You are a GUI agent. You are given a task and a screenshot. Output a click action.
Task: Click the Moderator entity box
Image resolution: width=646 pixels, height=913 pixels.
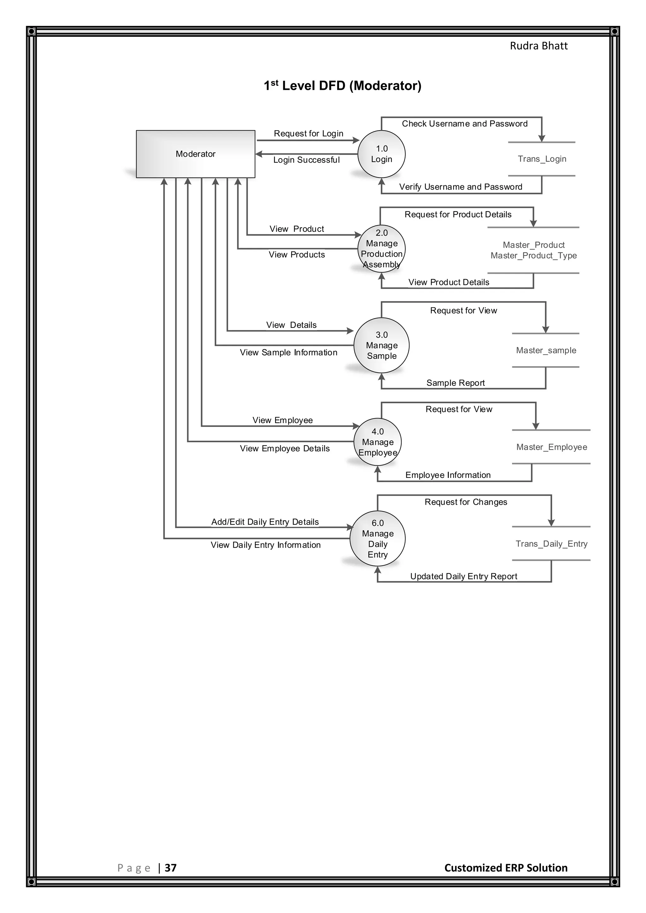[x=195, y=154]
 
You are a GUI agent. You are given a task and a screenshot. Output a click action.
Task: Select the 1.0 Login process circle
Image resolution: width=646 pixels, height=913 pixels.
[x=381, y=154]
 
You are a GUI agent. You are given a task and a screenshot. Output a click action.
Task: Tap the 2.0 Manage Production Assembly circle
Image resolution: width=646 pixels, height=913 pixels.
[x=381, y=248]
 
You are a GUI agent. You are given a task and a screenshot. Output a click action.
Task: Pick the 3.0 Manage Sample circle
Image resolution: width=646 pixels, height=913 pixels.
[x=381, y=345]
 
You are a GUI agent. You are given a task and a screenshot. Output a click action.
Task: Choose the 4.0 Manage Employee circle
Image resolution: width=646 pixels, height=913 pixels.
[x=378, y=442]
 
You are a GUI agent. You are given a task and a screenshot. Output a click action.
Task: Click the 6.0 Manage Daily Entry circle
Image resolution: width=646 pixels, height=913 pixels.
[x=378, y=538]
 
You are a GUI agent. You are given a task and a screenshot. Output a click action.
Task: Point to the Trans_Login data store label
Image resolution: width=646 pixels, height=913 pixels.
[x=542, y=159]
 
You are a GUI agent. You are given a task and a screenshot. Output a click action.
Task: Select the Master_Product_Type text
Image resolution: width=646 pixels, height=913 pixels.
[x=533, y=256]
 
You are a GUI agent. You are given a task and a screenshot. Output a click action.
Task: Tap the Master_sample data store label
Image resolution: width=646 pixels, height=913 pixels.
[x=546, y=350]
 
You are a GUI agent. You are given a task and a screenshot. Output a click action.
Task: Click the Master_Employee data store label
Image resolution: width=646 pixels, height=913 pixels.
[x=551, y=447]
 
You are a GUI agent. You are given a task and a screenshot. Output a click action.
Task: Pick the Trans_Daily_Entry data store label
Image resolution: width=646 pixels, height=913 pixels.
[x=551, y=544]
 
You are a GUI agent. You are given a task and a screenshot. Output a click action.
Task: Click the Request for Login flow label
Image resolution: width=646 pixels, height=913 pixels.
[x=308, y=134]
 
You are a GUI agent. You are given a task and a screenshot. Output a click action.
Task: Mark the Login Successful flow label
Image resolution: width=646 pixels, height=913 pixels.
[x=306, y=160]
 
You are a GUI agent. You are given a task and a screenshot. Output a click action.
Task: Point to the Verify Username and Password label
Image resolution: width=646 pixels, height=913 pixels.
[x=461, y=187]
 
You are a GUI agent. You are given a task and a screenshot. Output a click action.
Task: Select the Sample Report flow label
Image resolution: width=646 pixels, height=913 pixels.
[x=455, y=383]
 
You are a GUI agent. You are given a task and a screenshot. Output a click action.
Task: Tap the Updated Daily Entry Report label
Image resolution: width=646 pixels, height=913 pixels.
[x=463, y=576]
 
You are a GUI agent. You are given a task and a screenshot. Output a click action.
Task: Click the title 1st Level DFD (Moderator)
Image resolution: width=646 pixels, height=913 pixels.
[x=343, y=85]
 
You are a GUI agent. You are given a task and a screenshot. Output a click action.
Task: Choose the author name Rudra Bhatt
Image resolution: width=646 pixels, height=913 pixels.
[x=539, y=46]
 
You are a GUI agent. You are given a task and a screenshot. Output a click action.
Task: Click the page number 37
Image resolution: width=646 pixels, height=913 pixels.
[x=171, y=868]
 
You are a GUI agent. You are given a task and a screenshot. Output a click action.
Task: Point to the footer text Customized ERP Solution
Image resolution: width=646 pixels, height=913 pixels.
[x=506, y=868]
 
